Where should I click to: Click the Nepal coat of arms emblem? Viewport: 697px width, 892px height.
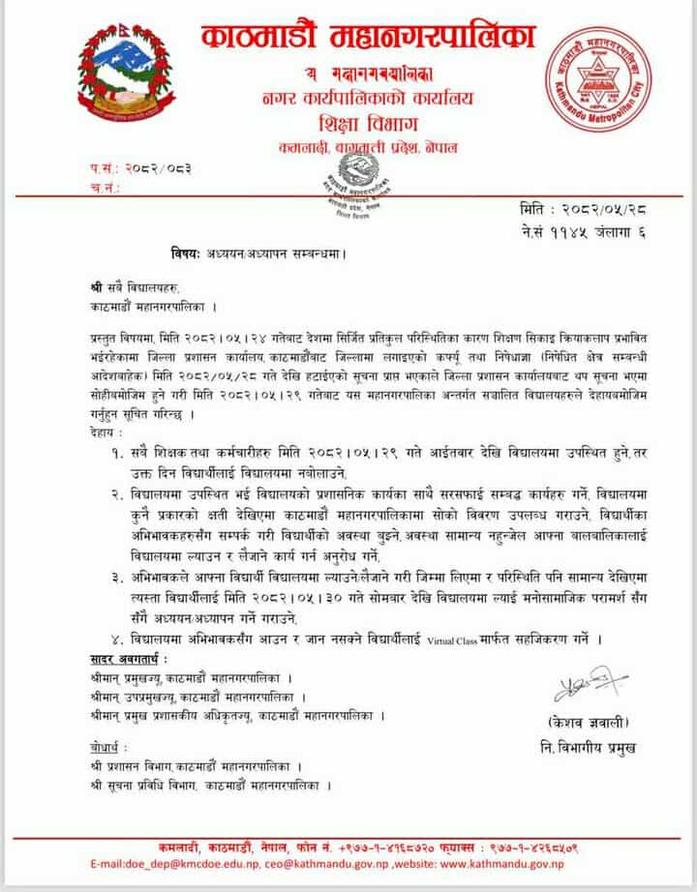pos(122,73)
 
